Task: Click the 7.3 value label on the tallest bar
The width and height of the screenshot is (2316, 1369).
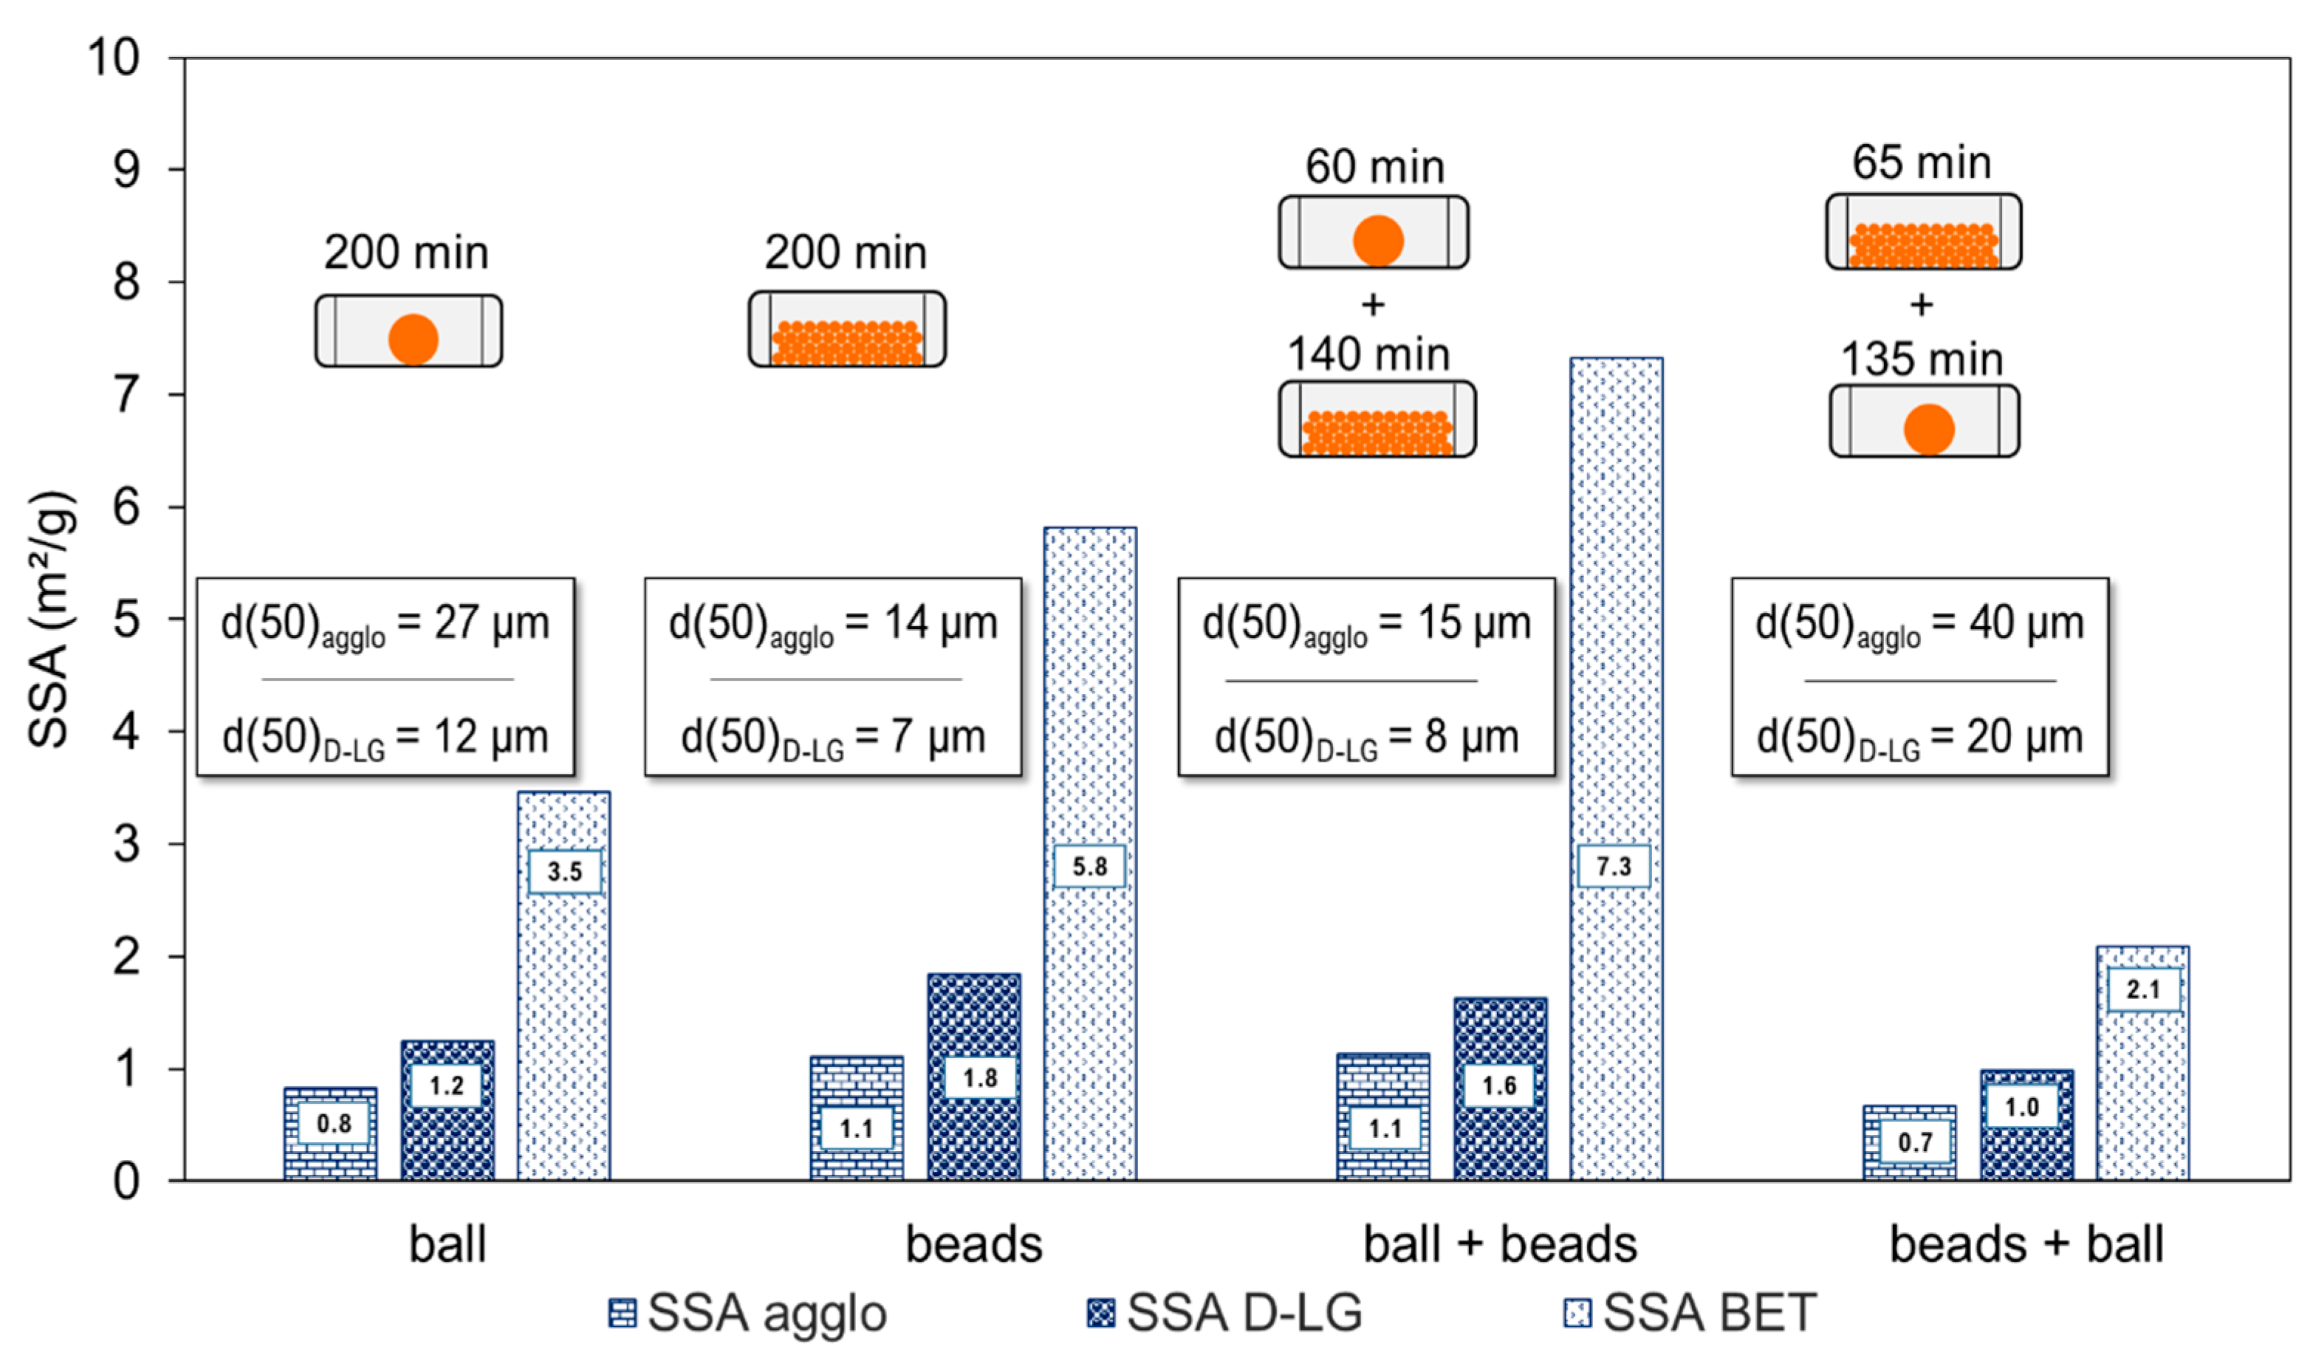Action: coord(1614,866)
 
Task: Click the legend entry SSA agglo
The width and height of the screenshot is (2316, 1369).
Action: coord(748,1313)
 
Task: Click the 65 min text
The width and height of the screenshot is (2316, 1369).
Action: coord(1922,162)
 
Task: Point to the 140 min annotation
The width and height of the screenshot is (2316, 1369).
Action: coord(1368,354)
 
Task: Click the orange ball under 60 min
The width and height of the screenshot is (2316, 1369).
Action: coord(1377,240)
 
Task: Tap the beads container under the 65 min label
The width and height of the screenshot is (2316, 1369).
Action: coord(1924,233)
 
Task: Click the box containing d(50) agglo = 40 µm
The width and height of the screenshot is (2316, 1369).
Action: coord(1919,676)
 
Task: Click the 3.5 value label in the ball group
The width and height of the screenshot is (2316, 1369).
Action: coord(565,871)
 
